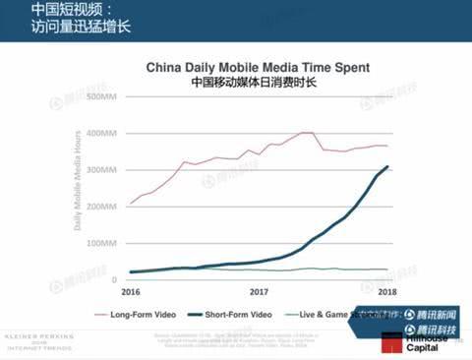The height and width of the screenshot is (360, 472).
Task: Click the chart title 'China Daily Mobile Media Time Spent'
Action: click(258, 68)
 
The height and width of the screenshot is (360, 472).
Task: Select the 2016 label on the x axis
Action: click(131, 291)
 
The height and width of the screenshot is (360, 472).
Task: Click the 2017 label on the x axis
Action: click(260, 291)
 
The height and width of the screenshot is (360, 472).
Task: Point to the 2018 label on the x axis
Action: click(387, 291)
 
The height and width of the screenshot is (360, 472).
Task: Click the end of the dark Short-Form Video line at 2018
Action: click(387, 166)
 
